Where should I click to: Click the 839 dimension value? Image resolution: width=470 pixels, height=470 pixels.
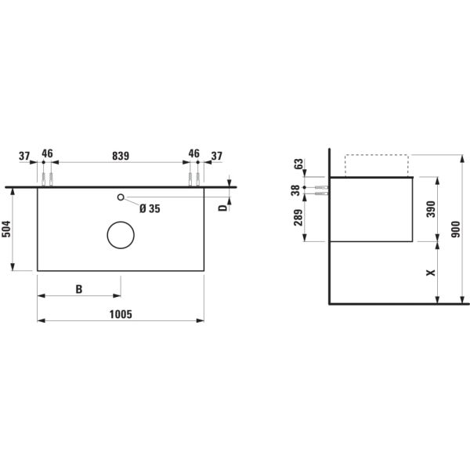[121, 155]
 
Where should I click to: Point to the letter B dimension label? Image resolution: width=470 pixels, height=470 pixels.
[79, 289]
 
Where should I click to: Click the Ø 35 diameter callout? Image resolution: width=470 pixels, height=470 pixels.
[149, 208]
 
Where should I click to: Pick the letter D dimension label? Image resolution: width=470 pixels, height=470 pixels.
[223, 206]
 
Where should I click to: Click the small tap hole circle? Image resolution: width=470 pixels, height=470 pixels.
[121, 197]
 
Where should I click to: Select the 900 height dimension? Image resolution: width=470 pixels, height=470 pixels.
[454, 230]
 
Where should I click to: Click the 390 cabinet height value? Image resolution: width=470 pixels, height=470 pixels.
[428, 209]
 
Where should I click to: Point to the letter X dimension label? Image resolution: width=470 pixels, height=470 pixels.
[428, 273]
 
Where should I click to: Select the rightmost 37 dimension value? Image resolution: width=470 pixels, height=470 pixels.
[217, 155]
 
